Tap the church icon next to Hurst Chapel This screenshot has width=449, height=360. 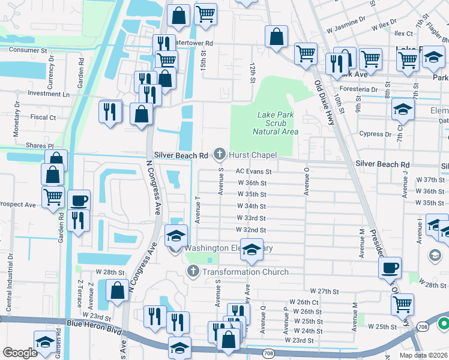[x=220, y=155]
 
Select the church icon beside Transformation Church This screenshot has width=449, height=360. [x=193, y=272]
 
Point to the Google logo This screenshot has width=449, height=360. [x=20, y=353]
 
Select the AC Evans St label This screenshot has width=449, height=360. [x=253, y=171]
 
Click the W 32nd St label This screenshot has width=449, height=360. [x=252, y=230]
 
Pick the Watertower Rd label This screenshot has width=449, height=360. [x=193, y=43]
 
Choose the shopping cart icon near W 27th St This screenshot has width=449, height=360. [x=402, y=304]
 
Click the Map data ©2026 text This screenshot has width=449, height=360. [x=424, y=355]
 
